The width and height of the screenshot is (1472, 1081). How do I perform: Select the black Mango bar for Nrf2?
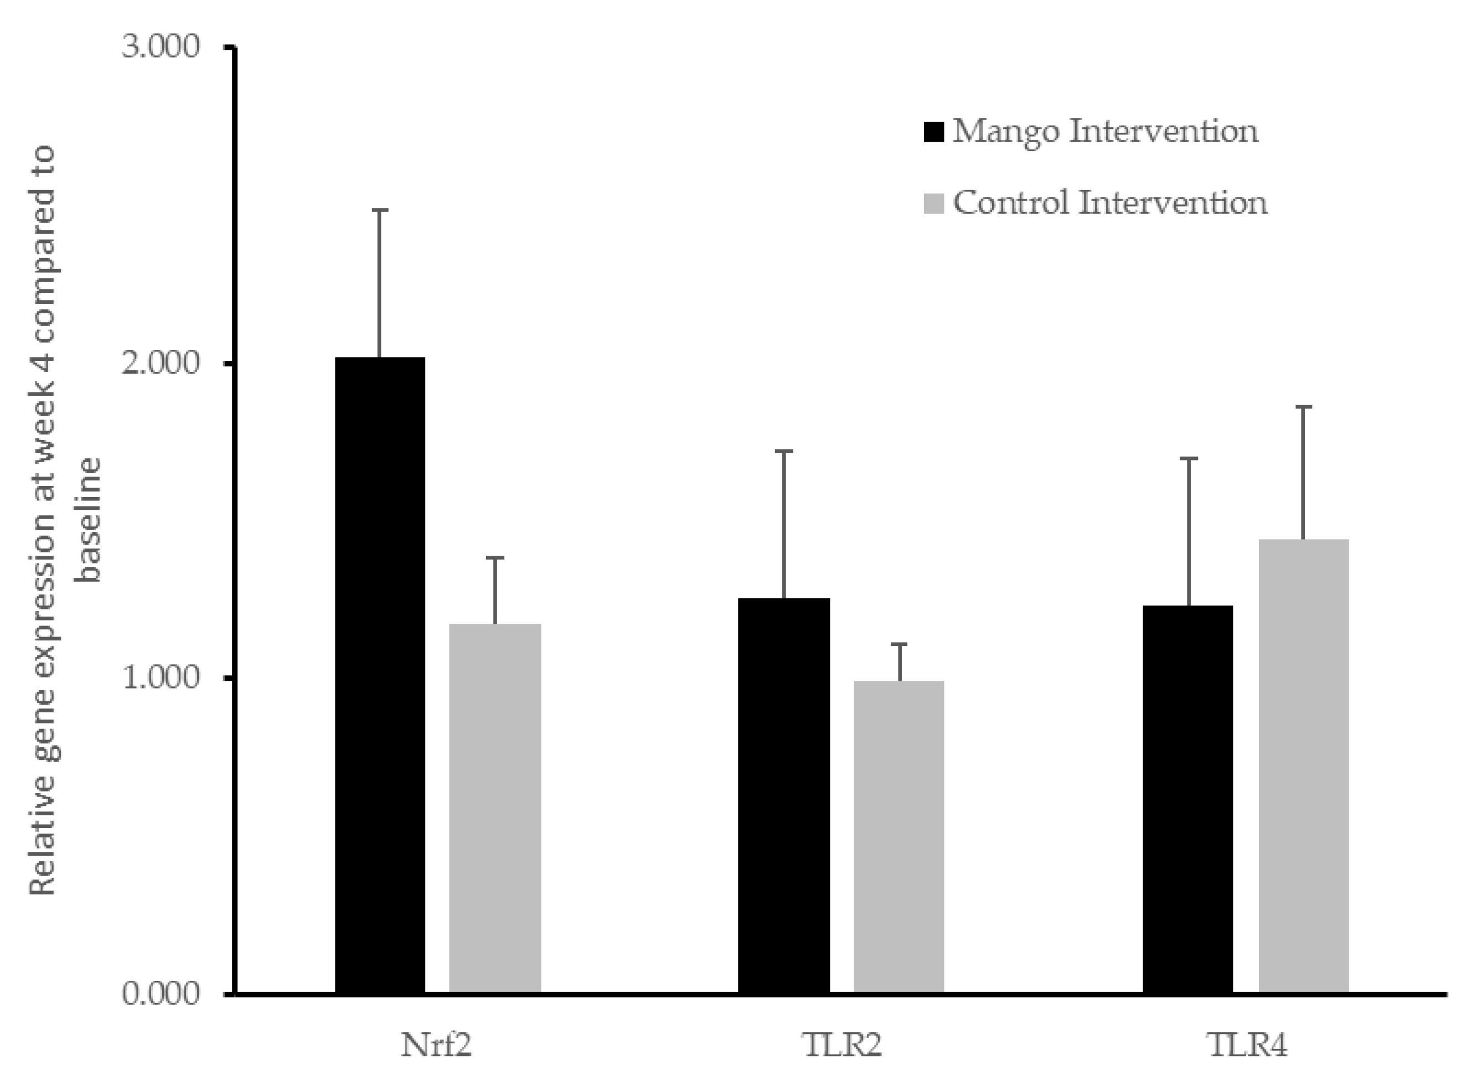[x=380, y=674]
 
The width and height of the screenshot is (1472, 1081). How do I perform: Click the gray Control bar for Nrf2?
[x=495, y=808]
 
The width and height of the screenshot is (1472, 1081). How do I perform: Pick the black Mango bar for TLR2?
[x=783, y=795]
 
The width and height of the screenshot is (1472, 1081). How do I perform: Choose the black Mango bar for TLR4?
[x=1187, y=798]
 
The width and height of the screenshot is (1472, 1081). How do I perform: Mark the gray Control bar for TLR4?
[x=1303, y=766]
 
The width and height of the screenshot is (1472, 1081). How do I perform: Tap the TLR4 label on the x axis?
[x=1247, y=1045]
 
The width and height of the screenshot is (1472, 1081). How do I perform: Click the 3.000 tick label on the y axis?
[x=161, y=47]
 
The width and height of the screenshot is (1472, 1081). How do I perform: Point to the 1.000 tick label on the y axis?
[x=161, y=678]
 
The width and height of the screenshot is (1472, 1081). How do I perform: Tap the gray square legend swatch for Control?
[x=933, y=203]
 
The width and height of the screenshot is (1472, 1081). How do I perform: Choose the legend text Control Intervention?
[x=1110, y=203]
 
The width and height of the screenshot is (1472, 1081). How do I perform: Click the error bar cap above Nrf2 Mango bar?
[x=380, y=210]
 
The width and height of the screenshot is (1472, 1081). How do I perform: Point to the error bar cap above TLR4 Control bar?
[x=1303, y=407]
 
